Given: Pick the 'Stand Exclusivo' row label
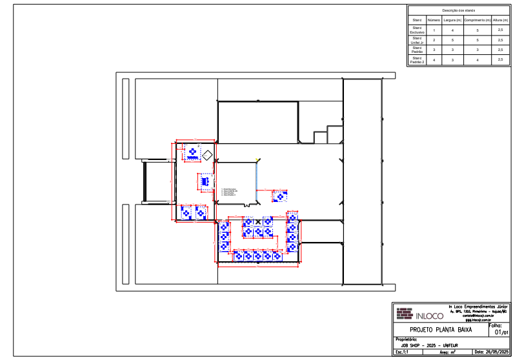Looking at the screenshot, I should [x=417, y=30].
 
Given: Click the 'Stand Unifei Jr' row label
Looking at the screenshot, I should [x=417, y=40].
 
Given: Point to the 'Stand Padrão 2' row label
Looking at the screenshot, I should [x=417, y=60].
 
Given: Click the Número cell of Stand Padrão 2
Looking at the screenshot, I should [x=434, y=60].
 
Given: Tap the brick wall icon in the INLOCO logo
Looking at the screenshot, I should [x=404, y=314].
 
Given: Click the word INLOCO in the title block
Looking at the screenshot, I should [x=429, y=316].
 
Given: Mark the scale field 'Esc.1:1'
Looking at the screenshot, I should [x=403, y=352].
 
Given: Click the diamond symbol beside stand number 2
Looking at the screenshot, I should [x=208, y=155].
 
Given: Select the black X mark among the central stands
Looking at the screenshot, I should [x=259, y=221].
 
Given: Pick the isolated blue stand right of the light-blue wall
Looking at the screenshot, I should [x=279, y=195].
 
